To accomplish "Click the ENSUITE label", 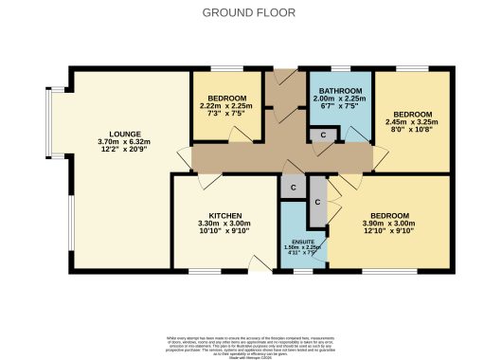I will [303, 242].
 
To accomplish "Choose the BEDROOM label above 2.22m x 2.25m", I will [227, 98].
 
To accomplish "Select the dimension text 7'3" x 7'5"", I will [227, 115].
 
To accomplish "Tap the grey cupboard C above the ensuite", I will [294, 187].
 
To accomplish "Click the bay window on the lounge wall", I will [49, 122].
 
